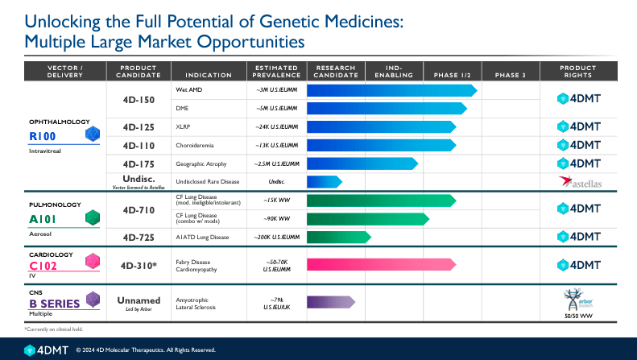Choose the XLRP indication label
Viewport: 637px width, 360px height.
pos(183,126)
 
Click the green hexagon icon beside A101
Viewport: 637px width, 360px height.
pos(94,217)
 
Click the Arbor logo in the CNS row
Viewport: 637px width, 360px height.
pos(579,297)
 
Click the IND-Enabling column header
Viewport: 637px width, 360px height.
pos(395,70)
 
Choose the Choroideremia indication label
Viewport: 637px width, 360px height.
pos(193,145)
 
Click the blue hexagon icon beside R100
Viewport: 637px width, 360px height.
pos(94,134)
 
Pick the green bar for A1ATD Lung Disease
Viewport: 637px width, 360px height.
pos(338,237)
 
